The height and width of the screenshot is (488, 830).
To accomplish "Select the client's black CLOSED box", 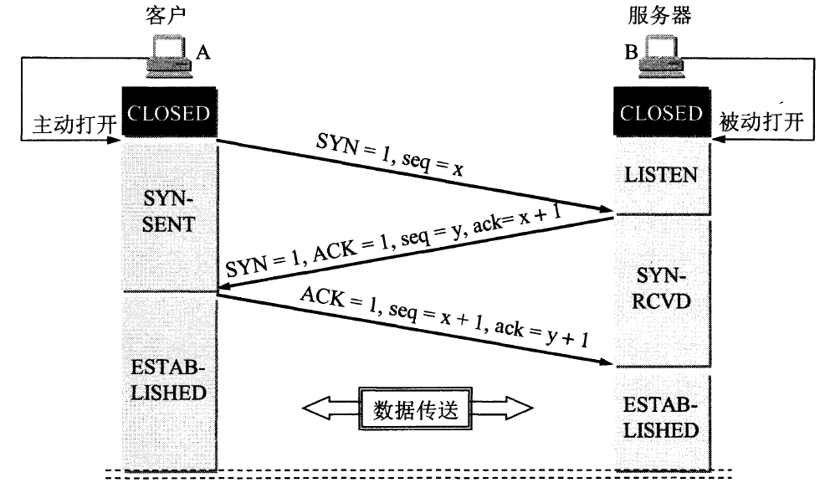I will tap(169, 113).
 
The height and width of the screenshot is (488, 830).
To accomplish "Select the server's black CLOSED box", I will tap(662, 113).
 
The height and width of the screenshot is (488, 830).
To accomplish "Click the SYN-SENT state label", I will tap(169, 212).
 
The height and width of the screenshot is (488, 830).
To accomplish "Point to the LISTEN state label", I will tap(661, 176).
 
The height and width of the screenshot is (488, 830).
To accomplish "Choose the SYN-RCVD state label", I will tap(661, 290).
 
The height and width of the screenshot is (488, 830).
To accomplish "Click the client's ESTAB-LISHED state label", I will tap(169, 380).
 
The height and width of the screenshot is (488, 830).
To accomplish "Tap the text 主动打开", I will tap(65, 123).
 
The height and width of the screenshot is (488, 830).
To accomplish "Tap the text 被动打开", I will tap(761, 123).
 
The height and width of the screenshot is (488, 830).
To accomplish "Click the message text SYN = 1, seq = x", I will tap(389, 155).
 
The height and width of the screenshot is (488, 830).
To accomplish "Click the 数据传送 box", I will tap(416, 409).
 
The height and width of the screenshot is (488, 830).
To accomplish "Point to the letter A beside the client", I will tap(202, 53).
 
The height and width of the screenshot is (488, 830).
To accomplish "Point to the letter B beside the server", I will tap(629, 53).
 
